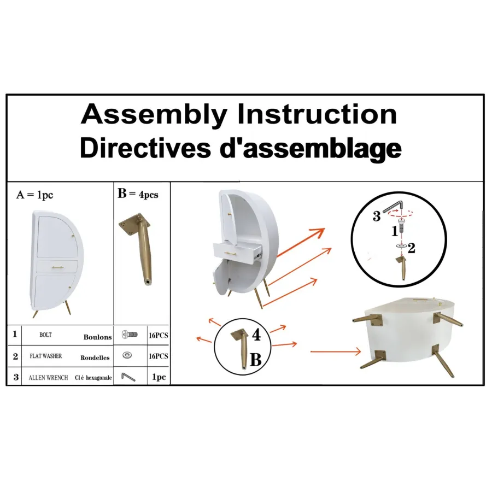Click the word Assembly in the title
(x=154, y=115)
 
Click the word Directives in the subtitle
(x=145, y=148)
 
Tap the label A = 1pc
(x=34, y=195)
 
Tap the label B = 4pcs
(x=138, y=194)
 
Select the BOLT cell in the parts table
(x=45, y=335)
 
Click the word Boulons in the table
(x=98, y=337)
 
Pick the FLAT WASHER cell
(x=46, y=356)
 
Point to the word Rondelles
(x=95, y=358)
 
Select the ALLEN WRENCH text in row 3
(x=48, y=377)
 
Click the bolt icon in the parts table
(x=130, y=335)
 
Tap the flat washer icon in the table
(x=127, y=355)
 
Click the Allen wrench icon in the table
(x=128, y=377)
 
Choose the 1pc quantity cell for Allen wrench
(x=159, y=377)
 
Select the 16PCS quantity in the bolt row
(x=159, y=336)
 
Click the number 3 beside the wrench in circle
(x=377, y=216)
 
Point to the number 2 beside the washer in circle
(x=412, y=248)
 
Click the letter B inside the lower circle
(x=256, y=360)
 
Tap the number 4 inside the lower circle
(x=256, y=335)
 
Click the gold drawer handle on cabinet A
(x=57, y=267)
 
